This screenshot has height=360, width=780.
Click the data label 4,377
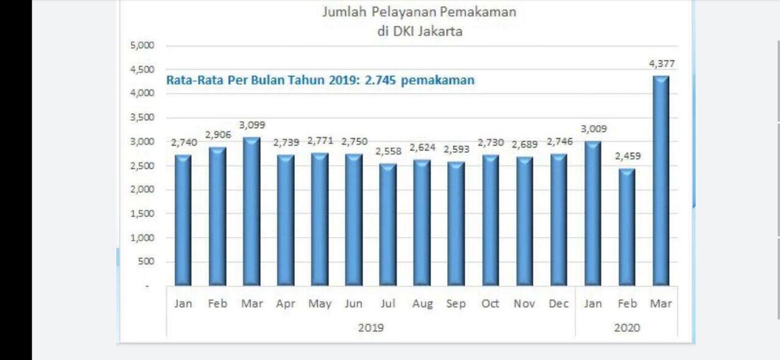point(662,63)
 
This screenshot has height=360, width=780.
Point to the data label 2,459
point(628,156)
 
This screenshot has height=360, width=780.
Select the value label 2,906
point(218,135)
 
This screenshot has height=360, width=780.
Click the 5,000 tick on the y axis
point(142,45)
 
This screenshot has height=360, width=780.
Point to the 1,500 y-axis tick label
point(142,214)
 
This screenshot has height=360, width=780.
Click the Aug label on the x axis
point(422,303)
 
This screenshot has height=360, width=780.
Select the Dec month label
point(559,303)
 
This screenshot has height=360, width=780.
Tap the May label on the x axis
point(320,303)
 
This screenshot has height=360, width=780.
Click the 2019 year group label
point(370,328)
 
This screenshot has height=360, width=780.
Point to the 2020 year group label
point(627,328)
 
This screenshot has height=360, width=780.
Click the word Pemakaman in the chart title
point(482,12)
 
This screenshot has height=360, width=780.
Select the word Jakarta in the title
point(440,32)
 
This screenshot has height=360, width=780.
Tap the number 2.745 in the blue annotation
point(380,80)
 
